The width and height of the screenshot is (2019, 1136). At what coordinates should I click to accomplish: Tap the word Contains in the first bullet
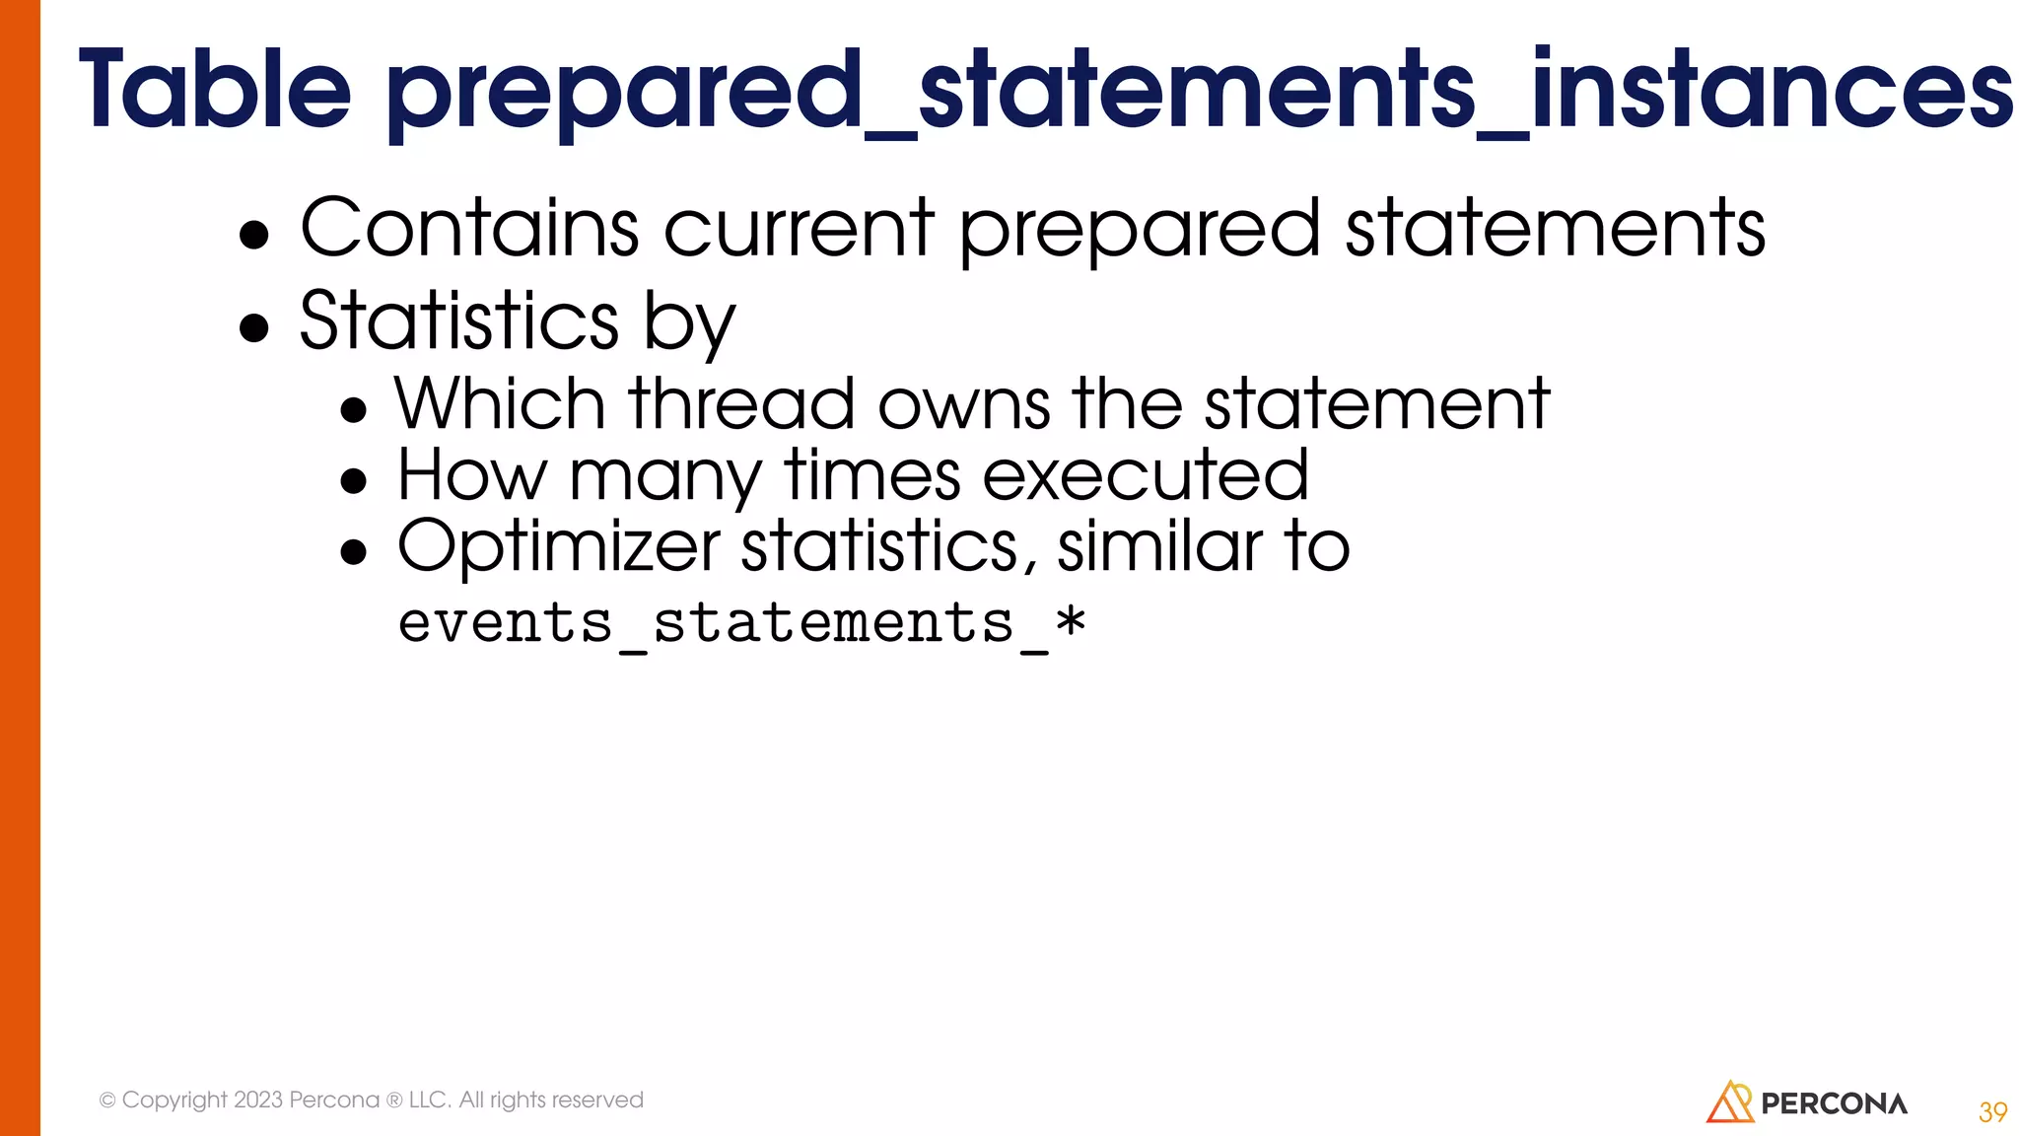[469, 229]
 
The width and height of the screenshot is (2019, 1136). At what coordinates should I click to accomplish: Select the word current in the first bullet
[799, 229]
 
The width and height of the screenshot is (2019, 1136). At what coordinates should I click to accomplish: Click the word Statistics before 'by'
[458, 320]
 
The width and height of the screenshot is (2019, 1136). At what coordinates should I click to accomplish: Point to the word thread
[741, 404]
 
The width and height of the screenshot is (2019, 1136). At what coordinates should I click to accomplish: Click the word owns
[963, 406]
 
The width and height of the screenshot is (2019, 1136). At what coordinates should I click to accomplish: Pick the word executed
[1146, 475]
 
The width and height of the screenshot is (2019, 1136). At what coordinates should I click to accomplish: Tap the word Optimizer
[558, 546]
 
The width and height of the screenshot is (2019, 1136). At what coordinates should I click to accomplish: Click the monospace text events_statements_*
[741, 624]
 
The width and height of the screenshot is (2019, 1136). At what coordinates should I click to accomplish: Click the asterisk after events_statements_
[1070, 623]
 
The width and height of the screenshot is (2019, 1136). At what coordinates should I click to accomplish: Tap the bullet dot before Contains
[254, 236]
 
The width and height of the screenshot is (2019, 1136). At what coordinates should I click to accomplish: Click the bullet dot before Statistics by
[254, 328]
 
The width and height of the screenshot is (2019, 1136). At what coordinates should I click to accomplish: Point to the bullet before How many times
[353, 482]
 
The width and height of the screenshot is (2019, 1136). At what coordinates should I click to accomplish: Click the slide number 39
[1992, 1112]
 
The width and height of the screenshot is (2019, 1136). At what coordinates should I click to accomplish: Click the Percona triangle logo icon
[1729, 1102]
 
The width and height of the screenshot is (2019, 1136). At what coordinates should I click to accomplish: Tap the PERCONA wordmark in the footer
[1834, 1104]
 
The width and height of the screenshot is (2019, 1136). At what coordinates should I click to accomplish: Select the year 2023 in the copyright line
[258, 1100]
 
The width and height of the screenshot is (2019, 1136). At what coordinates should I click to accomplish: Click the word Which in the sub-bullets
[500, 404]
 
